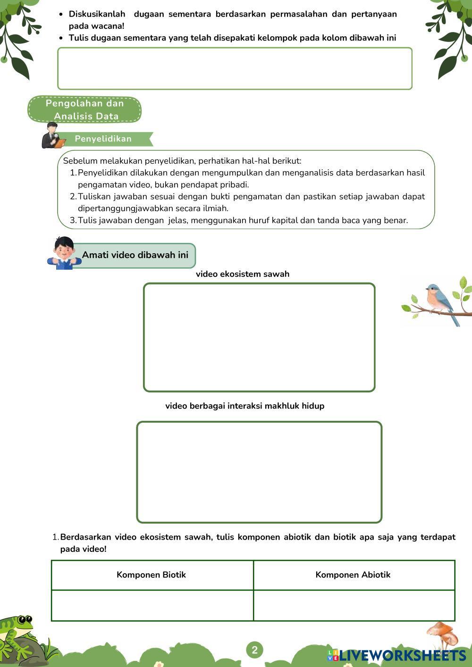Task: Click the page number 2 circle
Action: (254, 650)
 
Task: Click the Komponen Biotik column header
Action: (152, 575)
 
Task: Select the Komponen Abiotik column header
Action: (353, 575)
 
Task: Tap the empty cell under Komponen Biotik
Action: (152, 605)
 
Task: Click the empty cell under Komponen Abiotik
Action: (354, 605)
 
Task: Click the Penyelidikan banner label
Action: (103, 139)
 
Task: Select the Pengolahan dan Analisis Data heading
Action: (85, 109)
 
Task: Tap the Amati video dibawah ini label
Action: (135, 255)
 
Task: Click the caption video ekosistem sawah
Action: (243, 274)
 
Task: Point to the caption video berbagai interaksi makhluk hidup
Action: (244, 406)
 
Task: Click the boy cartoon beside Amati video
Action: (63, 253)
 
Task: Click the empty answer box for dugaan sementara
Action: (235, 68)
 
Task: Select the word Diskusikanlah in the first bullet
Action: (97, 14)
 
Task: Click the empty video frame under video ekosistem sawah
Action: (259, 337)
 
